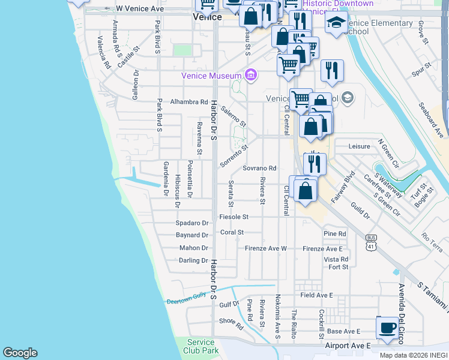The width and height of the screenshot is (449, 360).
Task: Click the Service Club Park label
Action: click(200, 346)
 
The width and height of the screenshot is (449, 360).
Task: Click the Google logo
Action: click(20, 353)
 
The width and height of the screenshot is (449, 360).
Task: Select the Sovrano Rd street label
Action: click(259, 169)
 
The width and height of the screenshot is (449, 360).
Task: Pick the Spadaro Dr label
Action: click(191, 223)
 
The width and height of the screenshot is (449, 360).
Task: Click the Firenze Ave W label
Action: click(266, 248)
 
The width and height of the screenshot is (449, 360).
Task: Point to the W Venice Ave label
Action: click(139, 9)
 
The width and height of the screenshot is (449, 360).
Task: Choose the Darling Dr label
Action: click(193, 260)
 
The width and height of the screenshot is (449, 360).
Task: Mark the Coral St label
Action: click(232, 232)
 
